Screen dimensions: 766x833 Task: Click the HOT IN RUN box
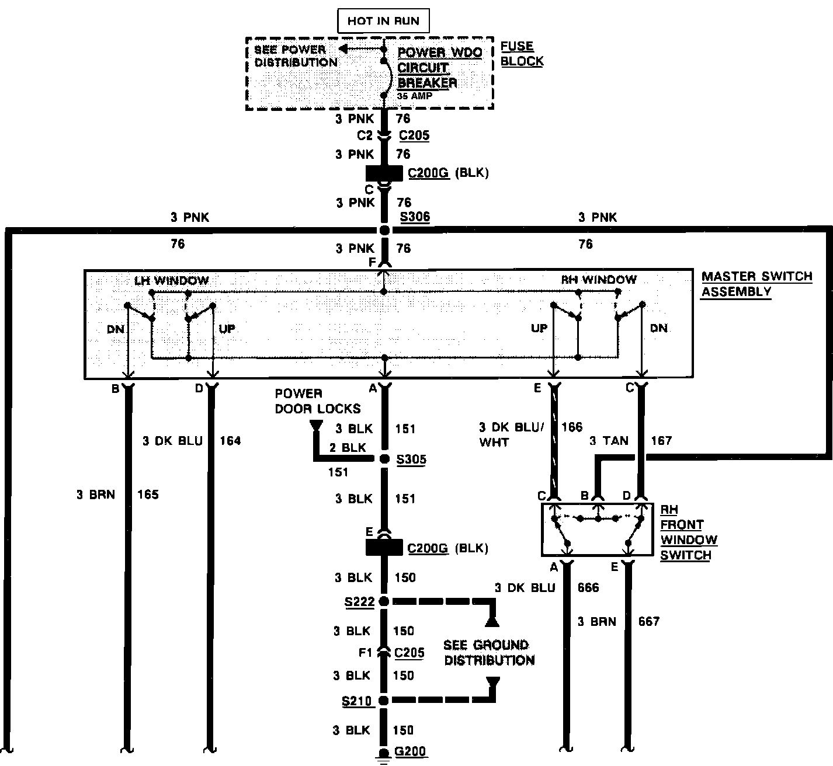click(x=383, y=21)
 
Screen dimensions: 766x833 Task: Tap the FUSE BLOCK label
click(x=522, y=54)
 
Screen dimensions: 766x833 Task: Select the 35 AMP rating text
click(x=415, y=96)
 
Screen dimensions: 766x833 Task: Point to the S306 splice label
click(x=415, y=217)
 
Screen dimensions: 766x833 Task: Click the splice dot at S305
click(x=384, y=459)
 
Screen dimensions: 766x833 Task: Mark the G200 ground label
click(x=410, y=751)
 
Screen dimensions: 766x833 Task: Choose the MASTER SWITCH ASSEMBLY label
click(x=756, y=284)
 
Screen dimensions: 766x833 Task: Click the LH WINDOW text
click(x=172, y=280)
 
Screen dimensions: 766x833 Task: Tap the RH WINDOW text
click(x=599, y=280)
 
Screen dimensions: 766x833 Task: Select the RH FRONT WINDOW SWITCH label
click(x=688, y=532)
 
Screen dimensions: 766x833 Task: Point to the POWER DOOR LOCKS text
click(x=317, y=401)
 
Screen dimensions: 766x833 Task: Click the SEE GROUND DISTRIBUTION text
click(x=489, y=653)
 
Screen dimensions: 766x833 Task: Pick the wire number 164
click(x=230, y=441)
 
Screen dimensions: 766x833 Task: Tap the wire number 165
click(x=148, y=495)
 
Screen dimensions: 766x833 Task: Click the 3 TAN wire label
click(x=609, y=441)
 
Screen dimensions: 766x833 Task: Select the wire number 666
click(x=588, y=587)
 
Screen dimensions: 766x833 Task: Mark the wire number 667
click(x=648, y=622)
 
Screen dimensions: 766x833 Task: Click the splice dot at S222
click(x=384, y=601)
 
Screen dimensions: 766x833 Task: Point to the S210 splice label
click(x=357, y=701)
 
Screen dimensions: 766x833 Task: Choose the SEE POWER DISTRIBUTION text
click(x=296, y=56)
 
